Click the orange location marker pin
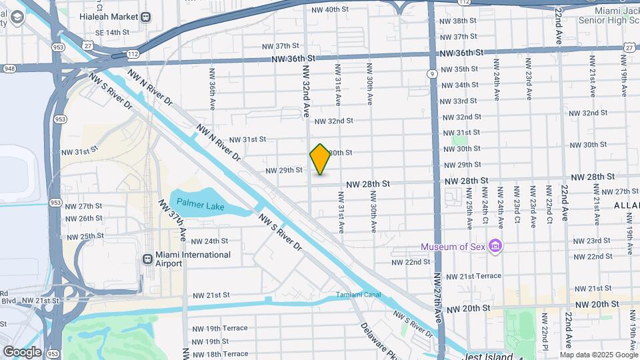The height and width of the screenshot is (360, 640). point(321,159)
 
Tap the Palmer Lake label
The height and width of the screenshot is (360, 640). point(200,206)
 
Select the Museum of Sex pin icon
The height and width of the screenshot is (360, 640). point(495,247)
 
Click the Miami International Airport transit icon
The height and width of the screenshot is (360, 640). point(147,259)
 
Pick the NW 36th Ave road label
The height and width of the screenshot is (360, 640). point(212,88)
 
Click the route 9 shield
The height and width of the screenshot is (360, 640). point(433,73)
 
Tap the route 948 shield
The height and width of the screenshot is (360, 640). point(10,68)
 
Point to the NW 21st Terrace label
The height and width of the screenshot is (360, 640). point(473,276)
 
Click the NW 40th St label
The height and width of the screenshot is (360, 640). point(330,9)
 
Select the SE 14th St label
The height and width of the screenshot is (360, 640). point(111,32)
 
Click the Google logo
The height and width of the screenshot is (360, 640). point(22,351)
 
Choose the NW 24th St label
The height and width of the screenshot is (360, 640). point(210,241)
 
